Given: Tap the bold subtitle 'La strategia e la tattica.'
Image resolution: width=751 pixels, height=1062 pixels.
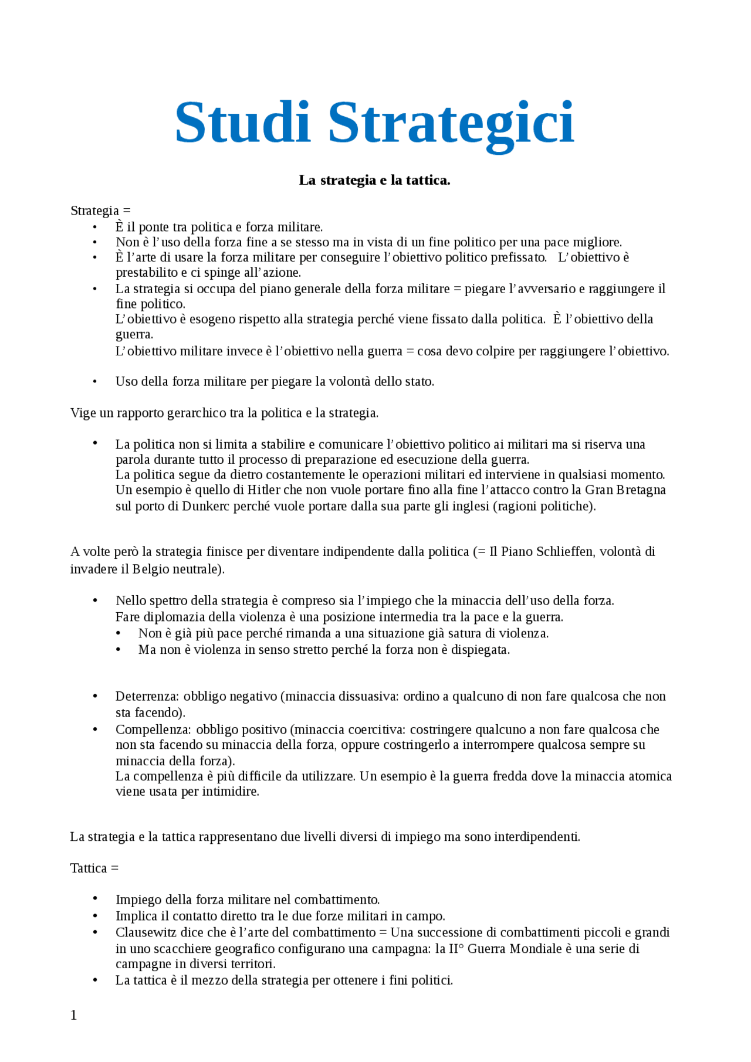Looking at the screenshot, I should (374, 180).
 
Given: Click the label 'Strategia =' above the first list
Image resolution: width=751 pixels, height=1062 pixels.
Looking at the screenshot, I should (100, 211).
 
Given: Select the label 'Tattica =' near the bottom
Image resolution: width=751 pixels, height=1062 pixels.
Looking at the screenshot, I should (94, 868).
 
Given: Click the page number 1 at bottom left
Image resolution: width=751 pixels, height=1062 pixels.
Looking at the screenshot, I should (74, 1015).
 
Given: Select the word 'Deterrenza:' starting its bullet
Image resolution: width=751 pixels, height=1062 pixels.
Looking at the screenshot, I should (147, 696).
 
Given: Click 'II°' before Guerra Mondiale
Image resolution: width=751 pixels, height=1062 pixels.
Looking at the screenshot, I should (456, 949).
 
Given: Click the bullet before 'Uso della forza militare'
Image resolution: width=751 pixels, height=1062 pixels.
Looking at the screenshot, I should (95, 382).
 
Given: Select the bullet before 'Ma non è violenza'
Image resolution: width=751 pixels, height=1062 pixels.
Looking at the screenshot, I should (118, 650).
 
